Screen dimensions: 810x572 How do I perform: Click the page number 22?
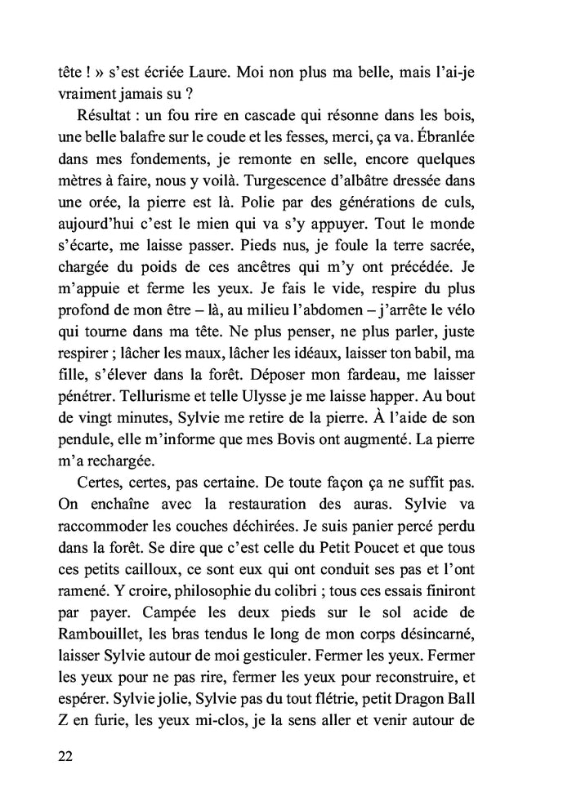[x=66, y=755]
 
